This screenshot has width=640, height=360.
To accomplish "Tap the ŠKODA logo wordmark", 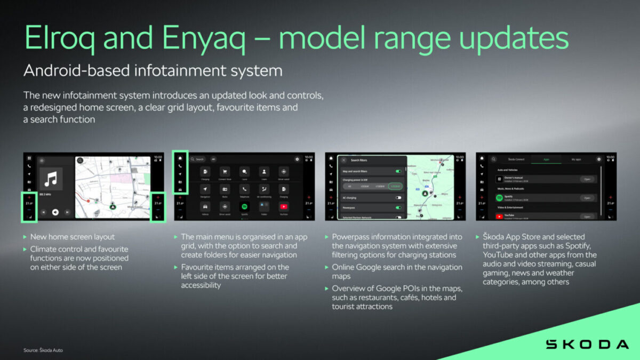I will (x=587, y=344).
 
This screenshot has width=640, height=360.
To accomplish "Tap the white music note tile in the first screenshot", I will (x=51, y=179).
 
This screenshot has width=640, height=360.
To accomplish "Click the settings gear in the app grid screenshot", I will (x=297, y=159).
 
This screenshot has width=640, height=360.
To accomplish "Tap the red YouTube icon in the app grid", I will (x=284, y=206).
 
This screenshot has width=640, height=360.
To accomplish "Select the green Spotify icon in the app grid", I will (x=244, y=206).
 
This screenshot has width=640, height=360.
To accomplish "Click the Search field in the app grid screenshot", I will (x=198, y=159).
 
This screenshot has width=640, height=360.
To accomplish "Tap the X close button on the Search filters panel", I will (x=344, y=160).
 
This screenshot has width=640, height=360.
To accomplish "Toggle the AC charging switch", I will (x=398, y=197).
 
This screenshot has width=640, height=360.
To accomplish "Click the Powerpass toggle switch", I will (x=398, y=207).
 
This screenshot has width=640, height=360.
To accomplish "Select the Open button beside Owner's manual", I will (x=587, y=179).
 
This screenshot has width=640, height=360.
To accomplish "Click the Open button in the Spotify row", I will (x=587, y=198).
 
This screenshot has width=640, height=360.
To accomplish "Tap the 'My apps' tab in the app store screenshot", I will (x=577, y=159).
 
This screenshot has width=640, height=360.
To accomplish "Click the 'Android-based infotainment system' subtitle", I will (x=153, y=71).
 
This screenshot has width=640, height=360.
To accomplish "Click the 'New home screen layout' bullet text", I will (x=73, y=237).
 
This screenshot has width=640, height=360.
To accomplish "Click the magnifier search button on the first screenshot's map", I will (x=80, y=159).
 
